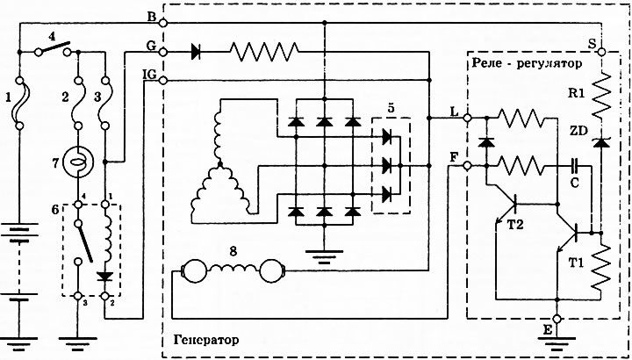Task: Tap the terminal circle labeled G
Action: tap(163, 52)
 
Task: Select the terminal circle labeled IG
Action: tap(163, 81)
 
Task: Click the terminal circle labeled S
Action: tap(601, 52)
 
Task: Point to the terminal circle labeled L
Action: tap(468, 118)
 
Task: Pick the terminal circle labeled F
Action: tap(468, 166)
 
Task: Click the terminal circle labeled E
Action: tap(557, 319)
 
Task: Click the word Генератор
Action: tap(206, 340)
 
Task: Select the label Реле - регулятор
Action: tap(527, 63)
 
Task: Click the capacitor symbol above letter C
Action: tap(574, 166)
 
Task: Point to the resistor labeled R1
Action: tap(601, 95)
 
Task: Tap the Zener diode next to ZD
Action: tap(601, 143)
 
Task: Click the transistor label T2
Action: tap(515, 224)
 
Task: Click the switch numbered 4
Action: tap(53, 48)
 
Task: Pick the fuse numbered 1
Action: tap(19, 103)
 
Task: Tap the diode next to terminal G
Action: tap(196, 52)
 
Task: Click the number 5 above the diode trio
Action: tap(390, 109)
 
